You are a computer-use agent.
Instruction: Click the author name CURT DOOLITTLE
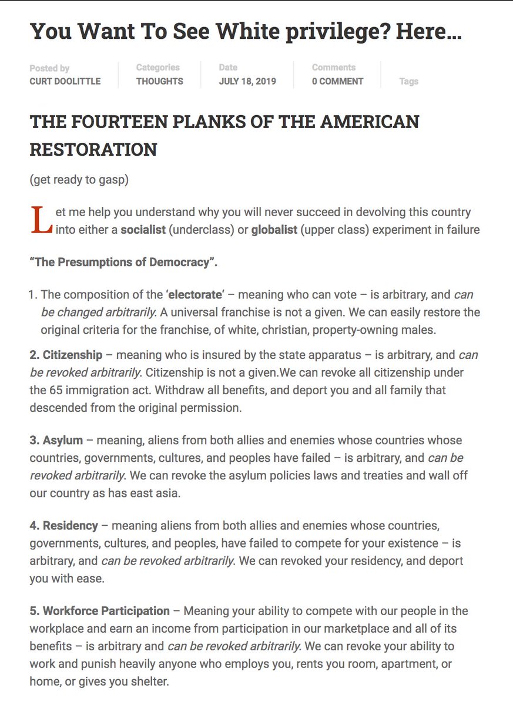65,82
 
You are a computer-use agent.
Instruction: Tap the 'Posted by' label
49,68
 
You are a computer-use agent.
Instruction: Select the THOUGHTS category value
160,82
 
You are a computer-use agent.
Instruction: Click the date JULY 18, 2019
247,82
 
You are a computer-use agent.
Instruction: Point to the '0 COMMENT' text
337,82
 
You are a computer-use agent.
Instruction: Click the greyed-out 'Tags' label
408,82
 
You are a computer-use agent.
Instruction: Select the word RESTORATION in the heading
93,150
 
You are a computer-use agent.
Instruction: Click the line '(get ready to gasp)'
79,180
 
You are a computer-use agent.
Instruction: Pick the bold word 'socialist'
143,230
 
